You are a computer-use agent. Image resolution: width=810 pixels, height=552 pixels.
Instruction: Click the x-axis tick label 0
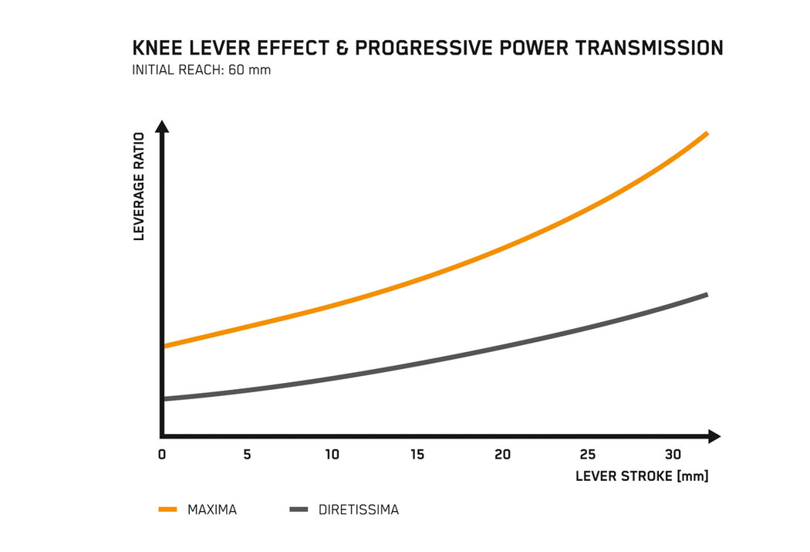coord(162,455)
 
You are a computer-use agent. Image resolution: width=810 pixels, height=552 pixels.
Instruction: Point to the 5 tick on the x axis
coord(247,455)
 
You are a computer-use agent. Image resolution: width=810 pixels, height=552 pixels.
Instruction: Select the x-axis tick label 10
coord(332,455)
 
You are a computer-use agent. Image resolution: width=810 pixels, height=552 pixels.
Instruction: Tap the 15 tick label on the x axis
coord(417,455)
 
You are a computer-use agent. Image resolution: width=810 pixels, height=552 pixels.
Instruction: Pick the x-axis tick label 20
coord(503,455)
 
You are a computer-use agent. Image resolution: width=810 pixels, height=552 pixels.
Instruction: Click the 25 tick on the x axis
coord(588,455)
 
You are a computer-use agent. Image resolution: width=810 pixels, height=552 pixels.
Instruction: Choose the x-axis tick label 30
coord(673,455)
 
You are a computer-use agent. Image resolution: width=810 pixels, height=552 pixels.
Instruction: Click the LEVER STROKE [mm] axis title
coord(642,476)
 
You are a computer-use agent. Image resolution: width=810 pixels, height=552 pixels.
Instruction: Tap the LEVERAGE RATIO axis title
coord(140,196)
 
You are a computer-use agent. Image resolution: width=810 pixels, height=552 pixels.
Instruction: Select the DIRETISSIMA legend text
coord(358,510)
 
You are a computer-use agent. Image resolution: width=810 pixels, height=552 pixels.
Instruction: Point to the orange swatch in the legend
coord(168,510)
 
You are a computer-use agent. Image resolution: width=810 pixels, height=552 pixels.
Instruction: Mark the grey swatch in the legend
coord(299,510)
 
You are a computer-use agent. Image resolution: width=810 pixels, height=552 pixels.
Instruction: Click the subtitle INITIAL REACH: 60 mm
coord(201,70)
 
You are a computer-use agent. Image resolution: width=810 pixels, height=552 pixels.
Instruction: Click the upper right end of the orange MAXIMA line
coord(706,134)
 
